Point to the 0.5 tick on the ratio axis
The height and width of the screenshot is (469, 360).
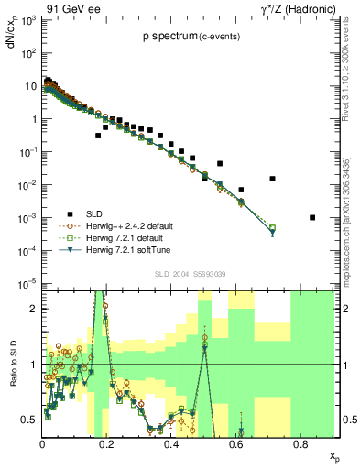(29, 420)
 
